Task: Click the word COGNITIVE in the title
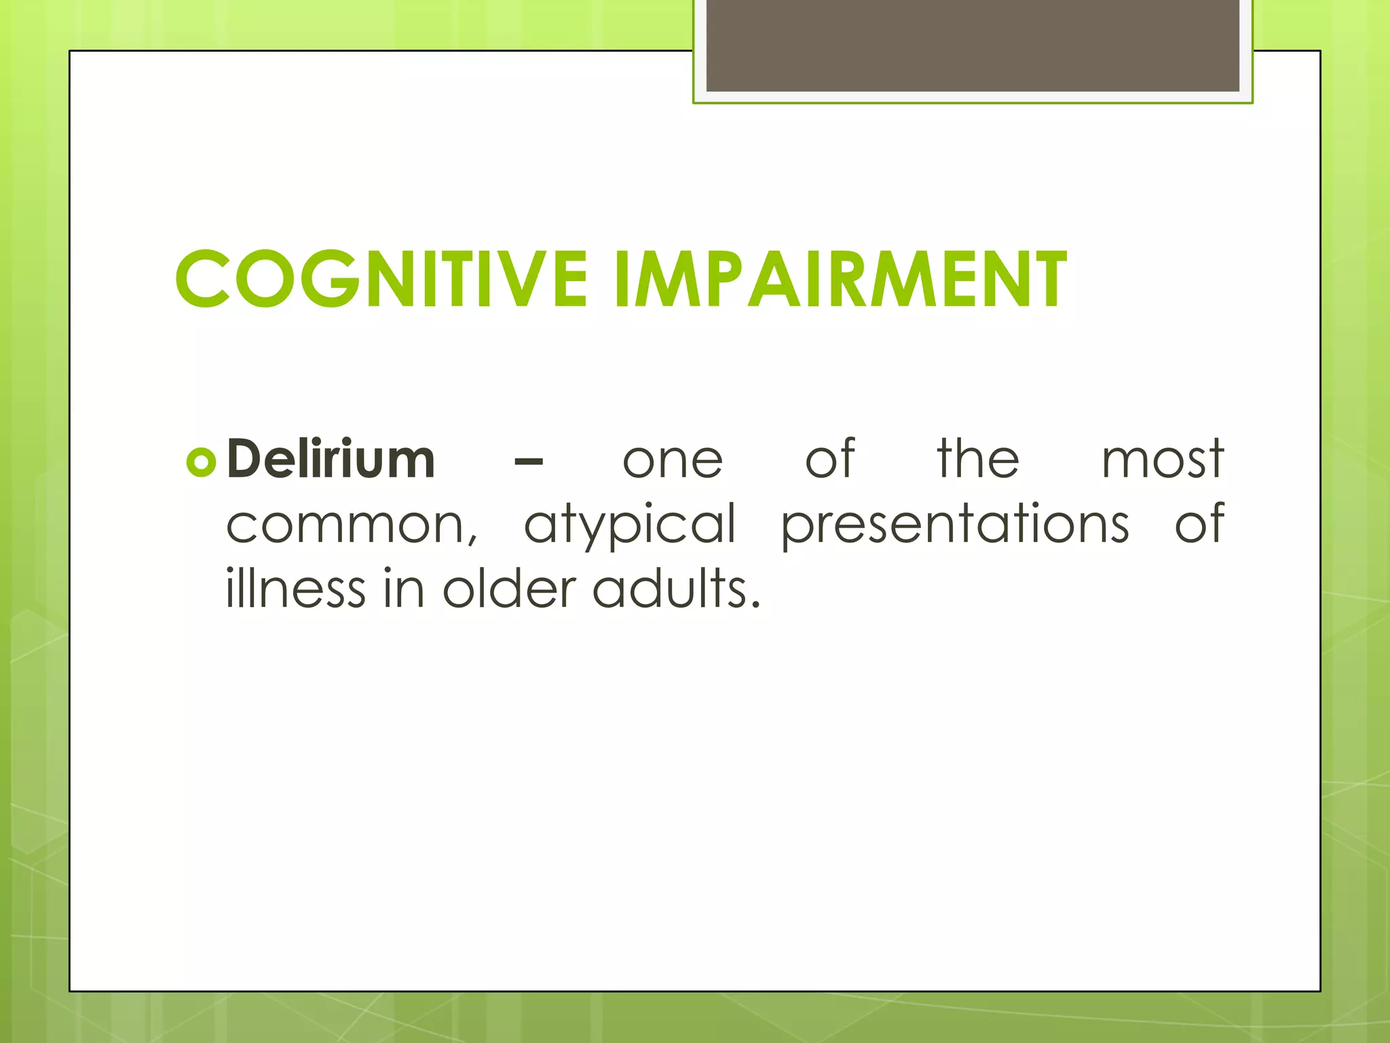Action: (x=381, y=279)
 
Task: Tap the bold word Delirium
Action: (x=331, y=460)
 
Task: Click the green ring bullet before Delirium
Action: (x=201, y=462)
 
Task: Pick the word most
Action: (x=1162, y=460)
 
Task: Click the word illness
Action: (x=295, y=588)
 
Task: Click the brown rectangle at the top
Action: (x=972, y=45)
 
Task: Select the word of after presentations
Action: (x=1199, y=524)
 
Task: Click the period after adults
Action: (x=755, y=604)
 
